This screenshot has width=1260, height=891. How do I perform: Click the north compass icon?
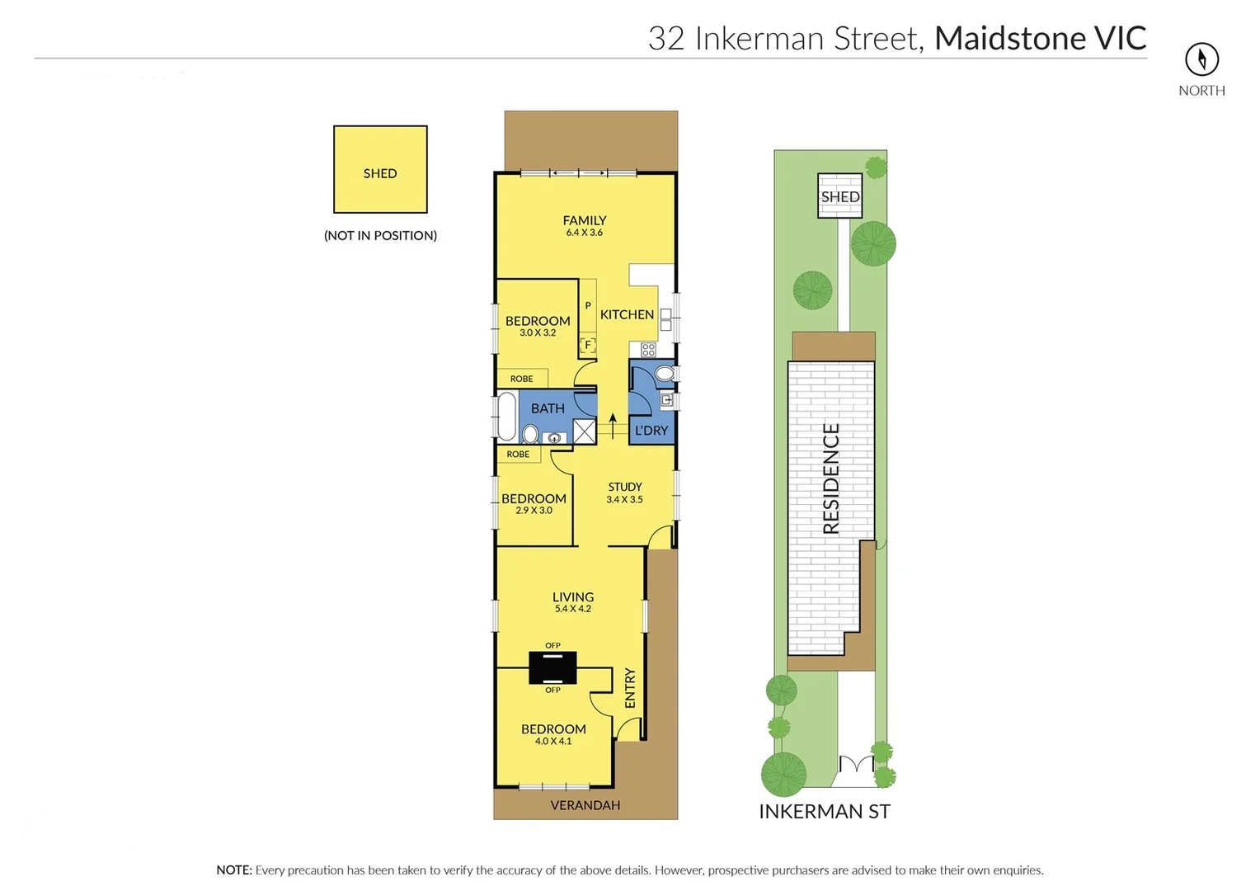click(x=1201, y=59)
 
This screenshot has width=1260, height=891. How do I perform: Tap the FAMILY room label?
click(x=584, y=220)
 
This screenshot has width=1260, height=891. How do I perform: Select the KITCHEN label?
click(x=627, y=314)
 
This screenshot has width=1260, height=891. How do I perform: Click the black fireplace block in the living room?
click(x=552, y=667)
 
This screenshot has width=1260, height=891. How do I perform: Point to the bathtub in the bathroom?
click(x=506, y=417)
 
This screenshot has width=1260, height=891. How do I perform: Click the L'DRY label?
click(x=651, y=431)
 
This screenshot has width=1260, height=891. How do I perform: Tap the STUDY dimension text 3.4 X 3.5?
click(x=624, y=499)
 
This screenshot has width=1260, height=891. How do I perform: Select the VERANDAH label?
click(x=585, y=805)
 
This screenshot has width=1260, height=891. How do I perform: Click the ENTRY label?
click(x=630, y=688)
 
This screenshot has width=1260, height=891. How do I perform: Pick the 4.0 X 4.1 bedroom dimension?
click(x=552, y=741)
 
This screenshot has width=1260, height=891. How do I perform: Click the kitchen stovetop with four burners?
click(x=648, y=350)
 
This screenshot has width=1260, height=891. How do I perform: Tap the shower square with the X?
click(x=584, y=431)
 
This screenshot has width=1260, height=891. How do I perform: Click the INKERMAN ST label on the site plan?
click(x=824, y=812)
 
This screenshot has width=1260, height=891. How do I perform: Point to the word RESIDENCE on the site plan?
click(x=831, y=478)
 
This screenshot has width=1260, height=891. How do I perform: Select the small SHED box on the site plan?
click(x=839, y=196)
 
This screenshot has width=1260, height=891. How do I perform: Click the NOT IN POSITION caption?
click(x=380, y=235)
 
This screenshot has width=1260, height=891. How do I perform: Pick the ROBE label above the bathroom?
click(x=521, y=379)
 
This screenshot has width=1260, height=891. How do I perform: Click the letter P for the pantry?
click(x=588, y=305)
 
